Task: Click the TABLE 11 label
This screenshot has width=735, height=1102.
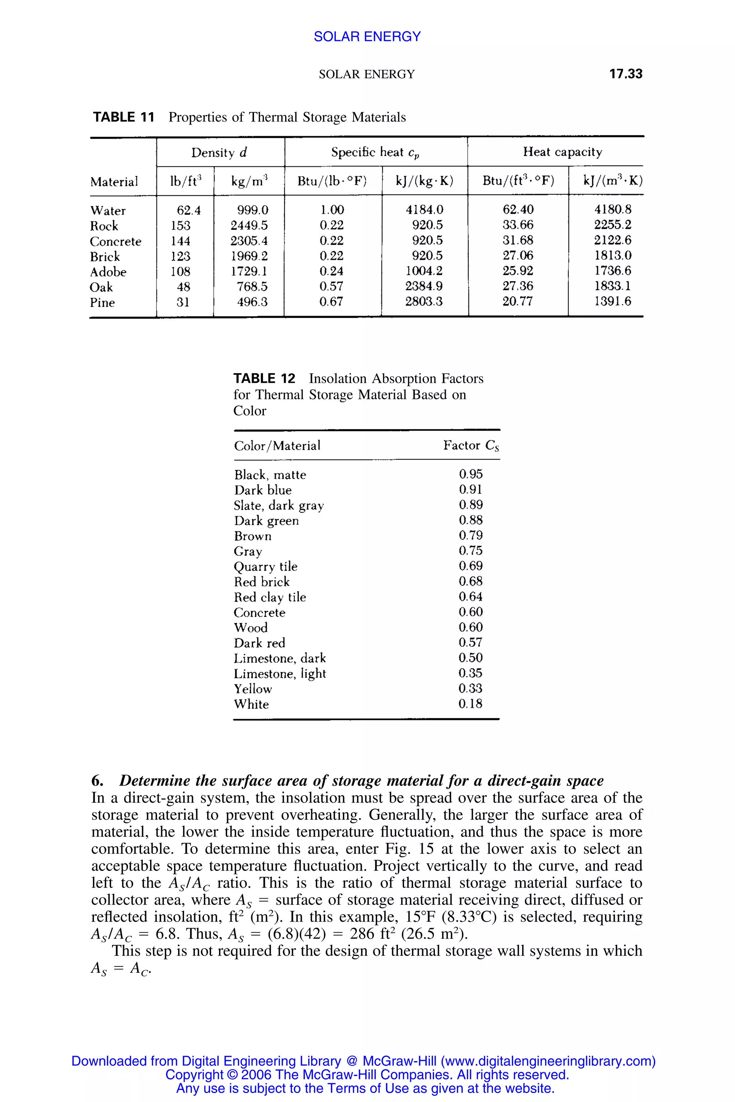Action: point(123,117)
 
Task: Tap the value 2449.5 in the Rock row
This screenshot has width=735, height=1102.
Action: point(249,225)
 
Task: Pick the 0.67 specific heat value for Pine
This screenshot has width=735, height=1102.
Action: point(331,302)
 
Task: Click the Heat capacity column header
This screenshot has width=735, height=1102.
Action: point(562,152)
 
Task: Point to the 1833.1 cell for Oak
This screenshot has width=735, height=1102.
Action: point(612,286)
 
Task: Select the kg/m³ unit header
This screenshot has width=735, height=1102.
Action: point(249,181)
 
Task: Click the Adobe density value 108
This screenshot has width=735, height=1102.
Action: point(181,271)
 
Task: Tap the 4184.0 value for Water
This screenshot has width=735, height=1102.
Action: point(424,210)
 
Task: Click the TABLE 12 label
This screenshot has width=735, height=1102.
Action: point(264,378)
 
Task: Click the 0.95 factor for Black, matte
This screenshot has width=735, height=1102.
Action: point(470,474)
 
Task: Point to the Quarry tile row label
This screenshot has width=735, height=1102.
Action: point(265,566)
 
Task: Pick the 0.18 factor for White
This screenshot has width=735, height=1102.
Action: point(470,704)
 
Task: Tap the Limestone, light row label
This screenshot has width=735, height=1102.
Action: point(279,674)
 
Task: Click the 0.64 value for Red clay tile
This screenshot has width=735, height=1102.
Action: point(470,597)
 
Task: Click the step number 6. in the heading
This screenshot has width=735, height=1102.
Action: point(97,781)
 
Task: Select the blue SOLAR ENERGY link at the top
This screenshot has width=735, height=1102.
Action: point(367,37)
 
